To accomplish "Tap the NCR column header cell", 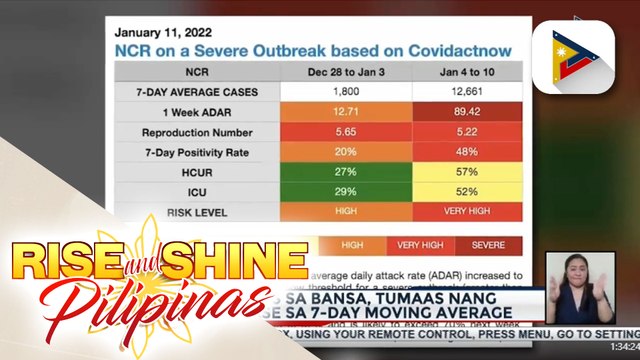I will [x=196, y=72].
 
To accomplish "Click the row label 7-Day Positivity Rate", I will [x=196, y=152].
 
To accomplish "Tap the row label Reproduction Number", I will [x=196, y=132].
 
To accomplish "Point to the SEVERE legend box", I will [x=489, y=244].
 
